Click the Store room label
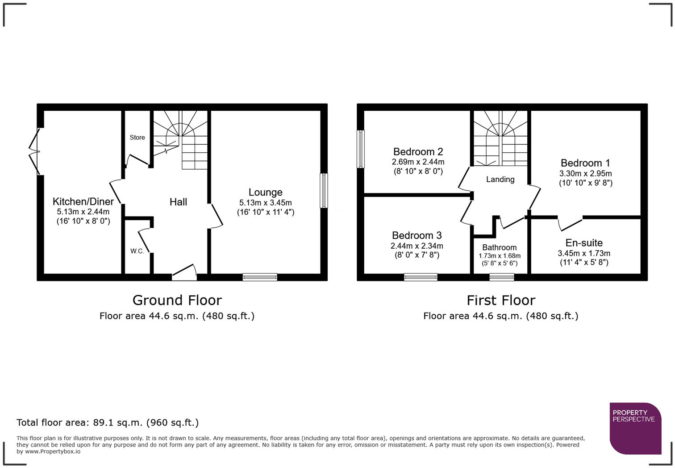point(137,138)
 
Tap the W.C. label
point(137,251)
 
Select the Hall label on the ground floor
point(178,202)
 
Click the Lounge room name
point(265,192)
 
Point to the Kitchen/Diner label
point(83,202)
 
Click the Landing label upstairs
point(500,180)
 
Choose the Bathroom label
point(499,247)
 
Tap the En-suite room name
point(584,243)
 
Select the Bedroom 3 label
point(417,235)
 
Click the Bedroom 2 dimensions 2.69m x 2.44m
point(418,162)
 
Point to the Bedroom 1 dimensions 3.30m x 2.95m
point(585,174)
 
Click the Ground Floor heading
point(177,300)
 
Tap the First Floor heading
point(500,300)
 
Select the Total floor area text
point(108,422)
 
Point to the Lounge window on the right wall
point(324,191)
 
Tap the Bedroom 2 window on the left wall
point(361,149)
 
